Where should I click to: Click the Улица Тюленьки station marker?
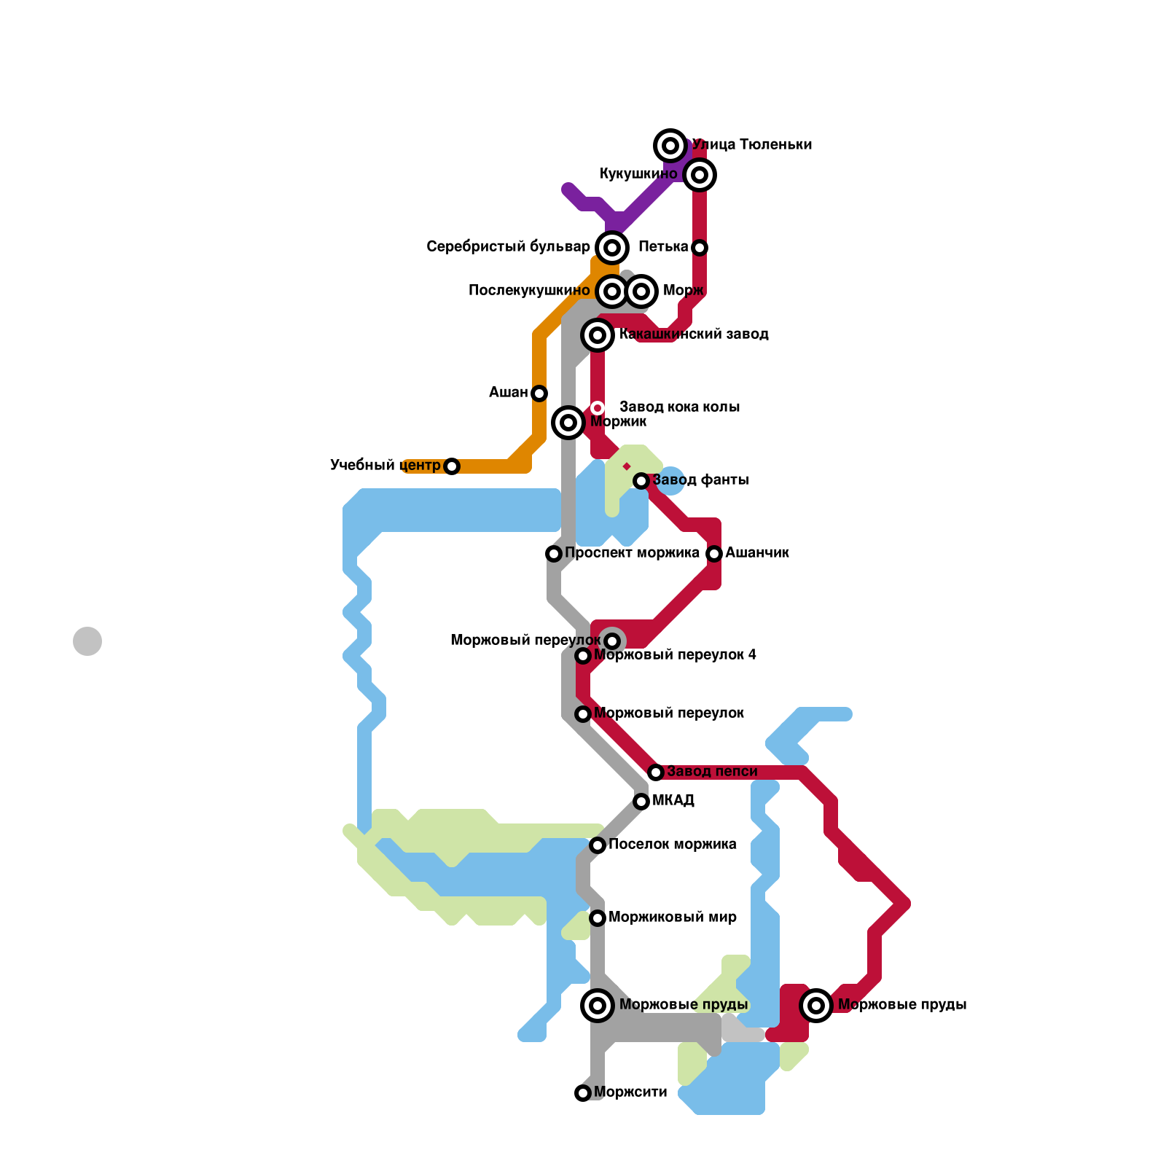click(x=670, y=146)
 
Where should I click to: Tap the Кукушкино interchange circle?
click(x=700, y=175)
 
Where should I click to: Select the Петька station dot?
click(x=700, y=248)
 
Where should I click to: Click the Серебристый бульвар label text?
click(x=508, y=247)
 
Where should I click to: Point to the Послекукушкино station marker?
click(x=612, y=291)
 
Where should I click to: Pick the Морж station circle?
click(x=641, y=291)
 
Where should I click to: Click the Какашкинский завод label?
click(x=694, y=334)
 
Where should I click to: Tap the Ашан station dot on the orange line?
click(x=539, y=394)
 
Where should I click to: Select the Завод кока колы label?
click(x=679, y=407)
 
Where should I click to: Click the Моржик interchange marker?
click(x=568, y=423)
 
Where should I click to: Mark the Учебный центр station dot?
click(x=452, y=466)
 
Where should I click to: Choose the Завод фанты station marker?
click(x=641, y=481)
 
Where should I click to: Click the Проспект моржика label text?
click(x=632, y=553)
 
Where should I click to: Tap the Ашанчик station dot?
click(x=714, y=554)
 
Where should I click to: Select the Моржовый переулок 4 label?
click(x=675, y=655)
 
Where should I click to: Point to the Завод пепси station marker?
click(x=656, y=772)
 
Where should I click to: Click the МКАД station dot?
click(x=641, y=802)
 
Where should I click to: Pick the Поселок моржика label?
click(x=672, y=845)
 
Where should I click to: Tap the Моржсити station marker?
click(x=583, y=1093)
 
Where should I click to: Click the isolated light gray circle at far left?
click(x=87, y=641)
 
